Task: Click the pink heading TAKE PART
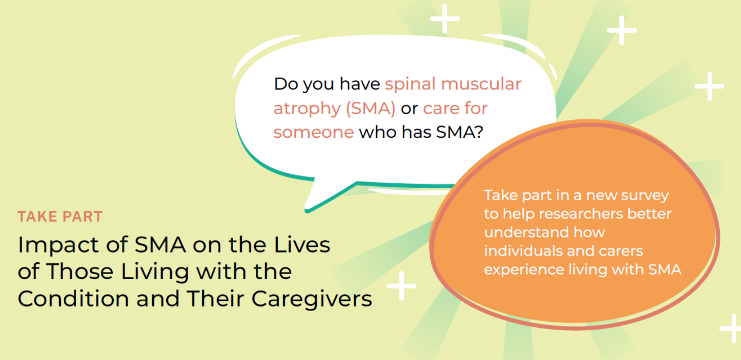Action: point(60,217)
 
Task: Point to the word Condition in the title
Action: point(73,298)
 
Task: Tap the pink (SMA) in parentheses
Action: point(370,109)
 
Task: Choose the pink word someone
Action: point(313,133)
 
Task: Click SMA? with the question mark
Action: point(460,132)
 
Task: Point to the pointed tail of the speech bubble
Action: point(306,210)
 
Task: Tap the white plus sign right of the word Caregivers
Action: point(401,286)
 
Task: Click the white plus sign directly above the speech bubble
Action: point(445,19)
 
